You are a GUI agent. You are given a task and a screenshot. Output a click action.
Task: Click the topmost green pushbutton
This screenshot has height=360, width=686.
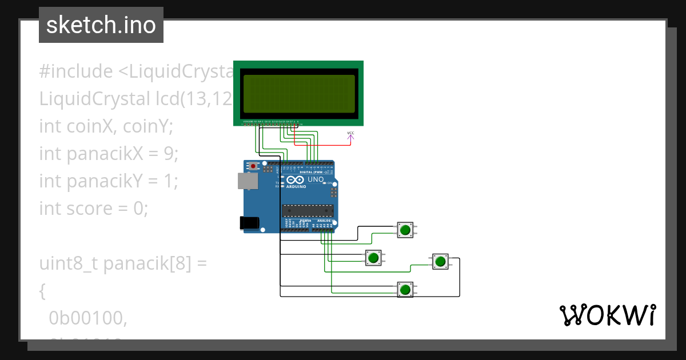(x=405, y=230)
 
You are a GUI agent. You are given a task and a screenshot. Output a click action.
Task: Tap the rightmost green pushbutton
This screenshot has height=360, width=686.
(x=440, y=262)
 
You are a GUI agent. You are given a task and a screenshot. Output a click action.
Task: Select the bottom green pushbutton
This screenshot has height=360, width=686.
(x=405, y=289)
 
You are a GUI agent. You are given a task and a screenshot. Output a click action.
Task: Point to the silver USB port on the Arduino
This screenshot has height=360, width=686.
(x=247, y=181)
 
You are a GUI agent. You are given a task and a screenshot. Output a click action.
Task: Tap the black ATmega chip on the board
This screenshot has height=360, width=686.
(x=307, y=211)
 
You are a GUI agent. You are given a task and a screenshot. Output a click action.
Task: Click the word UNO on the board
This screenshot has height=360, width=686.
(x=316, y=179)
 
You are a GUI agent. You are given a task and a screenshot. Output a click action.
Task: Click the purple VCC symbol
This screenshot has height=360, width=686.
(x=350, y=135)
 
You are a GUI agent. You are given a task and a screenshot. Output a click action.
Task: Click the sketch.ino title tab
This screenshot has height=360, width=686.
(x=101, y=25)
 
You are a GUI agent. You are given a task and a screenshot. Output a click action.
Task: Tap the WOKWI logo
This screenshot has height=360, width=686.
(x=607, y=315)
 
